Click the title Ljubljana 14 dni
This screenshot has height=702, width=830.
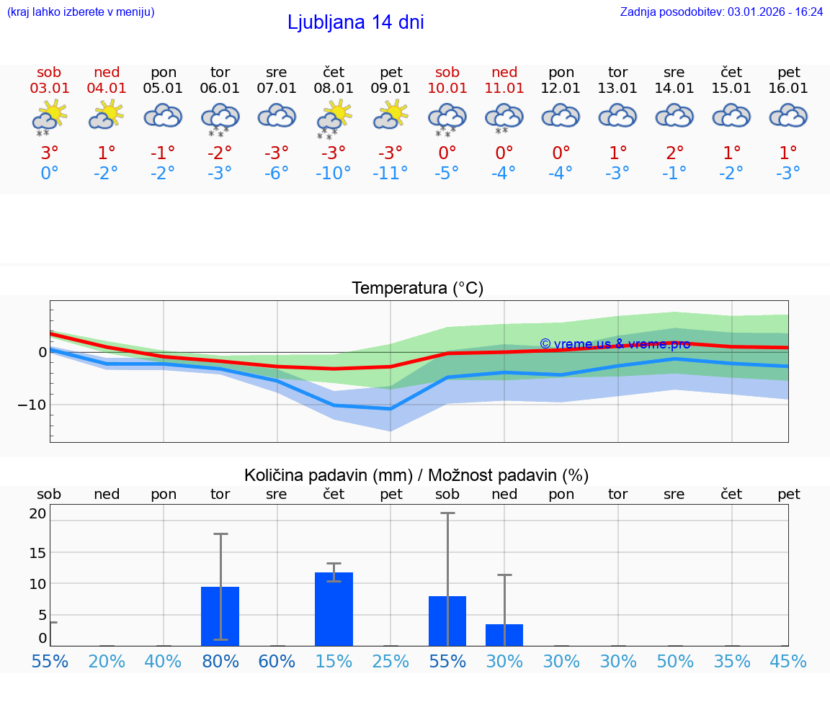[x=355, y=22]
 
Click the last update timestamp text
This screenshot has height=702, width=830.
[x=721, y=12]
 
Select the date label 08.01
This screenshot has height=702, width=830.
[x=334, y=89]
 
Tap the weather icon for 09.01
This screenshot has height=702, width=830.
[x=391, y=116]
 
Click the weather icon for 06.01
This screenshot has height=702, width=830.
[x=220, y=118]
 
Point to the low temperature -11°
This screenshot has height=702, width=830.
[x=391, y=174]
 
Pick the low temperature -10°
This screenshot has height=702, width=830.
[x=333, y=174]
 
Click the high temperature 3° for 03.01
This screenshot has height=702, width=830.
[x=49, y=153]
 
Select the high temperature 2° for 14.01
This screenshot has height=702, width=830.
[x=675, y=153]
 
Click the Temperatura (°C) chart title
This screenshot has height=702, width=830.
[x=417, y=289]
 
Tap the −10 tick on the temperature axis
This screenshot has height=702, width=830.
[x=32, y=405]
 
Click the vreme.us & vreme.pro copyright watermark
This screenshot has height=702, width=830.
[x=615, y=344]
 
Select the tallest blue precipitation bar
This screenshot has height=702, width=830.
[x=334, y=609]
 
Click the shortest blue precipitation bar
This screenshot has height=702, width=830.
[x=504, y=635]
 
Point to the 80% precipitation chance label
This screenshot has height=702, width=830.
[x=220, y=661]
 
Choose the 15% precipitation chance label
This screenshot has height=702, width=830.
[x=334, y=661]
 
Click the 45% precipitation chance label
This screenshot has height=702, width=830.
[x=788, y=661]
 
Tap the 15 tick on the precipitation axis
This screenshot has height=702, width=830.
[x=37, y=552]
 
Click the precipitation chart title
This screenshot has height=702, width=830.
[x=416, y=475]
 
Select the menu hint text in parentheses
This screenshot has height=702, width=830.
[x=80, y=12]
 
